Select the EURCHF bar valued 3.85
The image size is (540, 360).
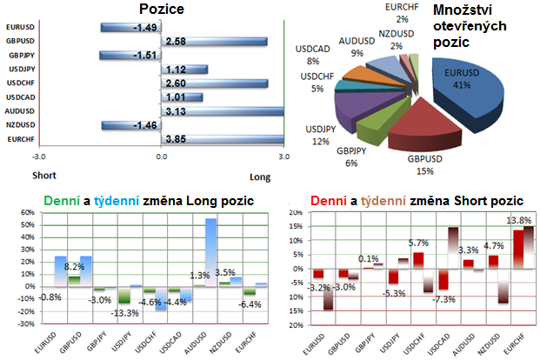(223, 138)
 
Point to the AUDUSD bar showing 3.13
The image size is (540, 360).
(223, 110)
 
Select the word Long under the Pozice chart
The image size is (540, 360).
(259, 177)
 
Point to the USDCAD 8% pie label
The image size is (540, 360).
(317, 55)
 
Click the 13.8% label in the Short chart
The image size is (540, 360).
(518, 222)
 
